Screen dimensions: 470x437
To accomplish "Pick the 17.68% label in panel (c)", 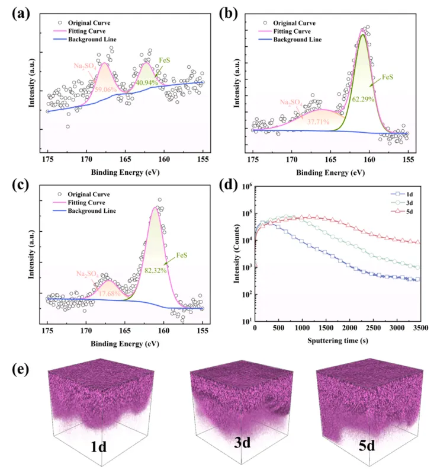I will coord(110,292).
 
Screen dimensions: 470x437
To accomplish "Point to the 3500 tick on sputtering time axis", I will coord(420,328).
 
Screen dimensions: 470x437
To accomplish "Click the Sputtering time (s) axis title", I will coord(337,341).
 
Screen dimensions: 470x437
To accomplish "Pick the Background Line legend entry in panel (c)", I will coord(91,211).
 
